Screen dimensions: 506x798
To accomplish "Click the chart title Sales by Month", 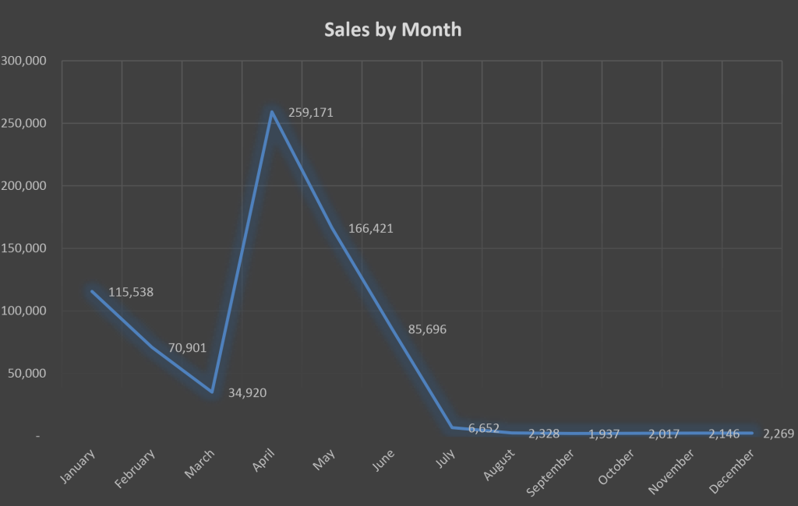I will (393, 30).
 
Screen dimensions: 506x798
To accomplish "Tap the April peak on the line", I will (272, 112).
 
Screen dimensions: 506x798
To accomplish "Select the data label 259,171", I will (310, 113).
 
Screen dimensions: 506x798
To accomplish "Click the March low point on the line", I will (212, 392).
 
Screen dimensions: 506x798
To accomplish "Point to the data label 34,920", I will (247, 392).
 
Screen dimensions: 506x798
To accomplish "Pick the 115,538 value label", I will (131, 293).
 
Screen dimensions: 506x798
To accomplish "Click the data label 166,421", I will (371, 229).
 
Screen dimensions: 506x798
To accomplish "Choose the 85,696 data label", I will (427, 329).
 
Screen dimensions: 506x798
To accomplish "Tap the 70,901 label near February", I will (187, 348).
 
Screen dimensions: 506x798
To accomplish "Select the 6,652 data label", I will (484, 428).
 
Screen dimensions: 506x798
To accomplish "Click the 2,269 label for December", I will (778, 434).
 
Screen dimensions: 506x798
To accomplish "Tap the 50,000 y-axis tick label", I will (27, 373).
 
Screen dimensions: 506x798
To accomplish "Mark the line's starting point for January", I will (92, 291).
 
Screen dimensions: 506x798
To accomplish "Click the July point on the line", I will (452, 427).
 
